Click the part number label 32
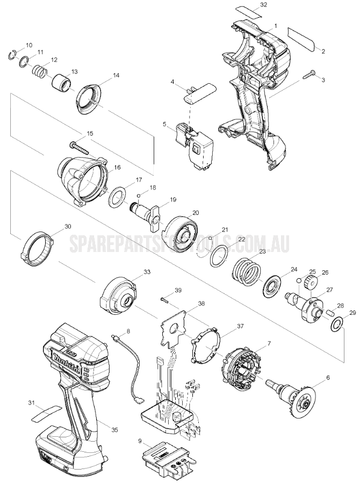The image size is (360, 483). click(263, 5)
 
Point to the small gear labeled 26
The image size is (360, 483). click(309, 282)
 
